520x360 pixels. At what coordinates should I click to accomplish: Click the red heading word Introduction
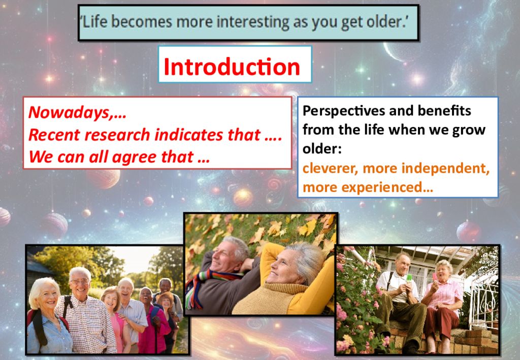click(x=232, y=67)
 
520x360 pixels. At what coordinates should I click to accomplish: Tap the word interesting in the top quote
click(x=252, y=22)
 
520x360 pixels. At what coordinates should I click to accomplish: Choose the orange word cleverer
click(x=330, y=169)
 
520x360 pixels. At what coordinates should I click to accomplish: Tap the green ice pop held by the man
click(x=409, y=277)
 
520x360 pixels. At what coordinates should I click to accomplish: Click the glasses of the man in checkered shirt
click(x=80, y=282)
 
